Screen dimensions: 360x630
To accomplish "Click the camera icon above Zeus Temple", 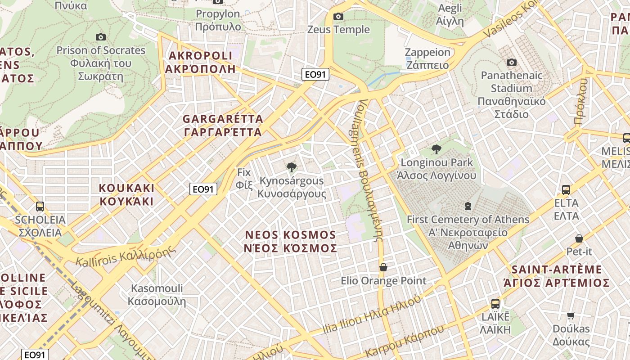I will coord(338,17).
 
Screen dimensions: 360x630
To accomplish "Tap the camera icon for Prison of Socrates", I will coord(101,37).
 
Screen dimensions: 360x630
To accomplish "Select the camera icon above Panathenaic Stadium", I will coord(511,62).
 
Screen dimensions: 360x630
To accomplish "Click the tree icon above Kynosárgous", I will coord(291,167).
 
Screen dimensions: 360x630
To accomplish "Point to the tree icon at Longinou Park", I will coord(436,149).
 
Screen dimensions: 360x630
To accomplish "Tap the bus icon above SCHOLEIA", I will coord(40,207).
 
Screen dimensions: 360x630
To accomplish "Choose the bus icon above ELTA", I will coord(566,190).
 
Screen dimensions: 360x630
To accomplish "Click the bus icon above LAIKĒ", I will coord(495,303).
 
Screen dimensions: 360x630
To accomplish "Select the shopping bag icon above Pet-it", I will coord(579,238).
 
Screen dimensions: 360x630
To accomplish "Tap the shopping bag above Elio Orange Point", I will coord(383,267).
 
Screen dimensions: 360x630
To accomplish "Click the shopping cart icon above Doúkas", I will coord(571,315).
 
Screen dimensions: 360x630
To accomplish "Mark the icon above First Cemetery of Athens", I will coord(468,206).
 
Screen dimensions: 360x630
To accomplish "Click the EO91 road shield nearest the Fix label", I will coord(203,189).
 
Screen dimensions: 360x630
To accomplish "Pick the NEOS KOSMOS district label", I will coord(291,242).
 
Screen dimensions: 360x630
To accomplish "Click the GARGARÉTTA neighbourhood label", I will coord(223,126).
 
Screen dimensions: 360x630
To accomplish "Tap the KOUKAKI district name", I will coord(126,194).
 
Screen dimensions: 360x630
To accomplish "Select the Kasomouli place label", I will coord(157,295).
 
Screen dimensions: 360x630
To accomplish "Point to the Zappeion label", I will coord(427,58).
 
